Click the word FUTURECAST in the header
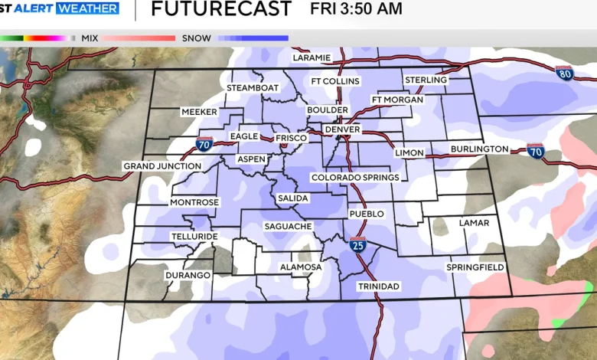[221, 10]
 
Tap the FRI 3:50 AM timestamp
[356, 9]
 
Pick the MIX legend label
[89, 38]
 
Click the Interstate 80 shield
[566, 73]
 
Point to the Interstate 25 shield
[357, 245]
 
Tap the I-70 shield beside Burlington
[535, 150]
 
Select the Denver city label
[342, 130]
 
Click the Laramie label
[312, 57]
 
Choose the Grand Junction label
[162, 166]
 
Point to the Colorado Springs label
[355, 178]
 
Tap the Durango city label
[188, 275]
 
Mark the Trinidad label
[378, 286]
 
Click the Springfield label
[475, 267]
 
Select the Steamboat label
[253, 88]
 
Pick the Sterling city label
[426, 80]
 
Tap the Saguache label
[288, 227]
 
